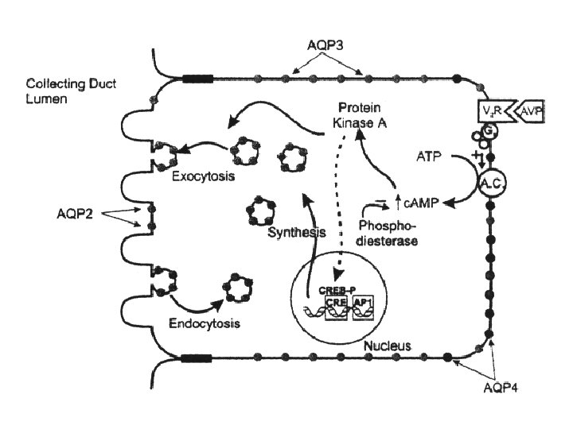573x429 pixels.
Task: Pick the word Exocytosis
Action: tap(203, 176)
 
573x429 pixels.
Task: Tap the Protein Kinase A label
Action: tap(350, 116)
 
